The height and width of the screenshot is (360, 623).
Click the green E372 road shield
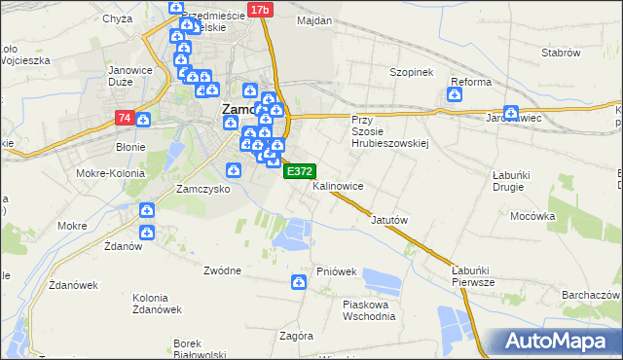click(x=299, y=171)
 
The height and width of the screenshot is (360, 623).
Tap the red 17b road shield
click(x=259, y=10)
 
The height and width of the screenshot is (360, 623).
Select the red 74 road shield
click(x=124, y=118)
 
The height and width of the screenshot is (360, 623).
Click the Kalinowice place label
click(x=339, y=185)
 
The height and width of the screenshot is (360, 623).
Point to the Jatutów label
click(x=388, y=220)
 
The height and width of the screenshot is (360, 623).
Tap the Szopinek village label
click(x=410, y=72)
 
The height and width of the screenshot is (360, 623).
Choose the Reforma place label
click(x=470, y=82)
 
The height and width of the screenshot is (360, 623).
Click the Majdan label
click(x=314, y=20)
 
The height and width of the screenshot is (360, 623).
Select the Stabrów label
click(x=560, y=53)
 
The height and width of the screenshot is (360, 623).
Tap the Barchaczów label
click(x=591, y=294)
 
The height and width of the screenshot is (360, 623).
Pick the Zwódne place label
click(x=222, y=270)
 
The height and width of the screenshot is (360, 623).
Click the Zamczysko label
click(x=202, y=189)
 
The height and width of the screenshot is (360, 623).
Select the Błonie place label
click(x=130, y=148)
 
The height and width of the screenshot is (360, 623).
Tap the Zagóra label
click(x=295, y=336)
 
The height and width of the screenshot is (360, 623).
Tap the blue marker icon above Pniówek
click(x=299, y=282)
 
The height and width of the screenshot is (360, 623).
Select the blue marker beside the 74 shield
click(x=143, y=120)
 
